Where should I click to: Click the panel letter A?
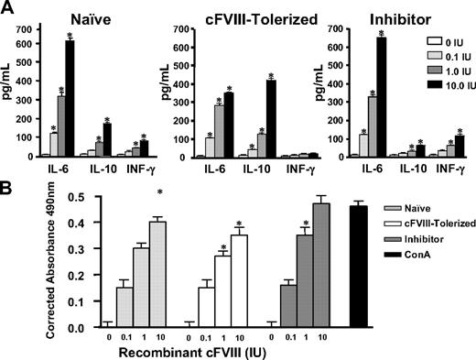8,8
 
